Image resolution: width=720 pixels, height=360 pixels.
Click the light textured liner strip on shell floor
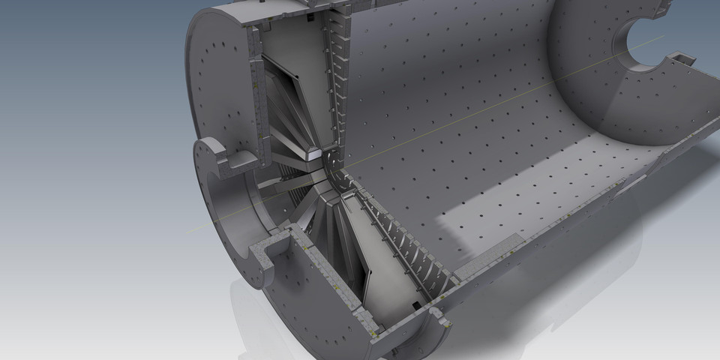[487, 255]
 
